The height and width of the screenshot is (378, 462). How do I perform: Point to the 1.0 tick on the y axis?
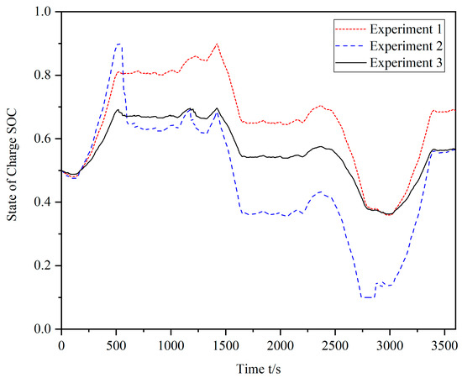44,12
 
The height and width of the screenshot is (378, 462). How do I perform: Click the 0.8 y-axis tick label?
44,76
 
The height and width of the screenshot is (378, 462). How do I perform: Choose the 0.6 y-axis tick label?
44,139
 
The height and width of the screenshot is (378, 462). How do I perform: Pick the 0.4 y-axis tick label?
44,202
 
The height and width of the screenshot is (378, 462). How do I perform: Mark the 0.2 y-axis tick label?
44,265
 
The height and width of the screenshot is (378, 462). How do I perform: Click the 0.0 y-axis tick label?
44,329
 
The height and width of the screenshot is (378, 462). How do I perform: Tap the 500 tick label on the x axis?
116,344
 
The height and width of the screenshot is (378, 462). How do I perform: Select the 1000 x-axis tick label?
171,344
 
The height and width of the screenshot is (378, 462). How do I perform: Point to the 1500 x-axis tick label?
225,344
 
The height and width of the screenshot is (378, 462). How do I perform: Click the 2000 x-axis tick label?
280,344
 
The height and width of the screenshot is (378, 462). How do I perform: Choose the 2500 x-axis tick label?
334,344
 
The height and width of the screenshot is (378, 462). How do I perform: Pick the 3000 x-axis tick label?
389,344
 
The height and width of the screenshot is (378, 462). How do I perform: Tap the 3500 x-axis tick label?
444,344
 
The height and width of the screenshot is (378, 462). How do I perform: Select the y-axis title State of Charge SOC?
12,170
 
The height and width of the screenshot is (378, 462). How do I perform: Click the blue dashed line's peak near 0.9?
119,44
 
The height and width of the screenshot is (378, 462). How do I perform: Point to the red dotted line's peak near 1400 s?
217,44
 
